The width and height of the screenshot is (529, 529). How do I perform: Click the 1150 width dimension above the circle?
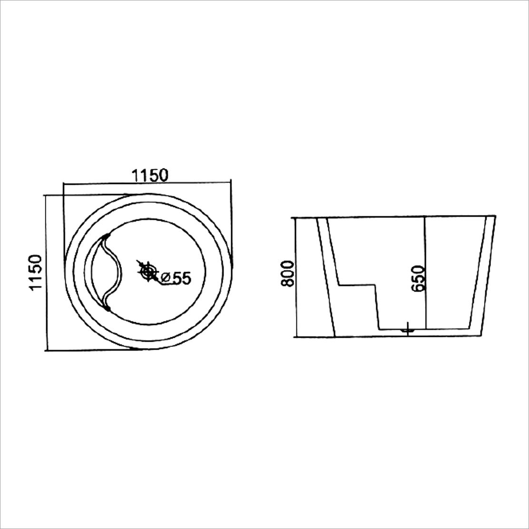coord(149,175)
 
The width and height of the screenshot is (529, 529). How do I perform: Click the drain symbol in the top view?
coord(148,272)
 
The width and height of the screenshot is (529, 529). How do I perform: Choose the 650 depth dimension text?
coord(418,279)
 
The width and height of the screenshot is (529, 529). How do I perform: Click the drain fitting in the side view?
coord(407,328)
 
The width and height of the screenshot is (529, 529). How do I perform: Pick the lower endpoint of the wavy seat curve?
coord(108,309)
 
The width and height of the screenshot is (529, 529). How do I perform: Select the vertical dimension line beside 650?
coord(425,273)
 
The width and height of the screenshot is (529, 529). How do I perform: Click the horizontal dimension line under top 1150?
coord(147,182)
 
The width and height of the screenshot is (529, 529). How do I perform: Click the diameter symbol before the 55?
coord(166,278)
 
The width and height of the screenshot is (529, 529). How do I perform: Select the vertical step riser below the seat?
coord(377,307)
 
